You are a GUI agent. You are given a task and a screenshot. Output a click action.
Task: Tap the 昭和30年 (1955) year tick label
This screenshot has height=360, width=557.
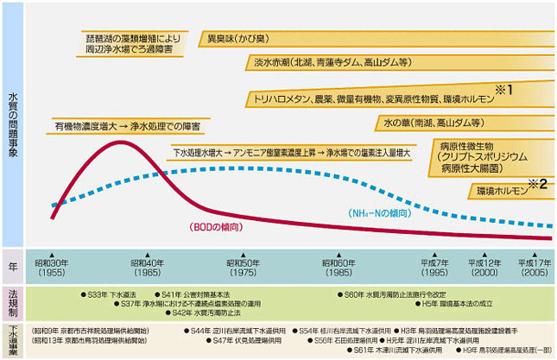click(x=51, y=266)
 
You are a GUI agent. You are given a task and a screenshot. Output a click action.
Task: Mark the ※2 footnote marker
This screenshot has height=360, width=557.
click(x=537, y=183)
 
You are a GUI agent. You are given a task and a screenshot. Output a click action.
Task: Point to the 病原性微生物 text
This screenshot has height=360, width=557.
click(x=467, y=146)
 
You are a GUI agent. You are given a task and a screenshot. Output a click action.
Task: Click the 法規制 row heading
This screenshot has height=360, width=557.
click(x=13, y=299)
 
